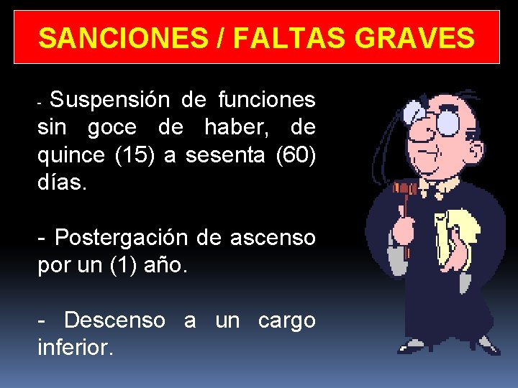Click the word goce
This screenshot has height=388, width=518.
pos(111,128)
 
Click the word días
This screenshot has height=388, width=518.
pos(62,183)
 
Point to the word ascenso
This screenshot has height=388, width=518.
pos(273,238)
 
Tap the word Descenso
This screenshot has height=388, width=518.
pos(114,320)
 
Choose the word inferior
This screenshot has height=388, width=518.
pos(75,348)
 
